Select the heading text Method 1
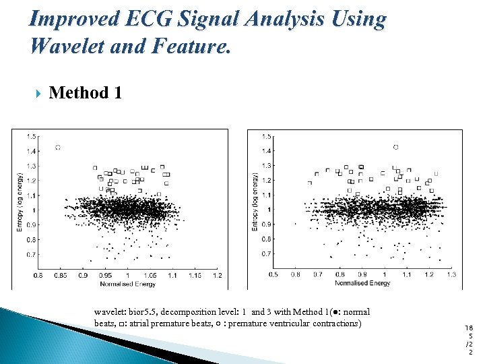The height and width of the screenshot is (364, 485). click(x=86, y=92)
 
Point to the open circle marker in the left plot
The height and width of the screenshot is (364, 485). click(x=58, y=147)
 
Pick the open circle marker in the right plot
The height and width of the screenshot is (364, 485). click(x=395, y=147)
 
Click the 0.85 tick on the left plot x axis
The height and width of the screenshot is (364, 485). click(x=59, y=276)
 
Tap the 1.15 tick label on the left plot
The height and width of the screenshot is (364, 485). click(x=194, y=276)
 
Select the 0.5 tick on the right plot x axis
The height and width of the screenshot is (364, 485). click(x=273, y=275)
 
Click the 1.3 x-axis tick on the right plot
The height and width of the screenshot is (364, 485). click(x=451, y=275)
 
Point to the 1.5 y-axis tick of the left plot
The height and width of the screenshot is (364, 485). click(x=32, y=136)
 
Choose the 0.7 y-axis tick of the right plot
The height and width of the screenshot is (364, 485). click(x=267, y=254)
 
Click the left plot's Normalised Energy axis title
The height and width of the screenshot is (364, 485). click(x=127, y=284)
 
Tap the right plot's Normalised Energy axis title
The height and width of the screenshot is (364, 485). click(x=362, y=283)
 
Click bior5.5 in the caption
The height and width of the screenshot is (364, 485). click(x=140, y=312)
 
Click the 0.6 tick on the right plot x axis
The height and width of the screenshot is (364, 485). click(x=296, y=275)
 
